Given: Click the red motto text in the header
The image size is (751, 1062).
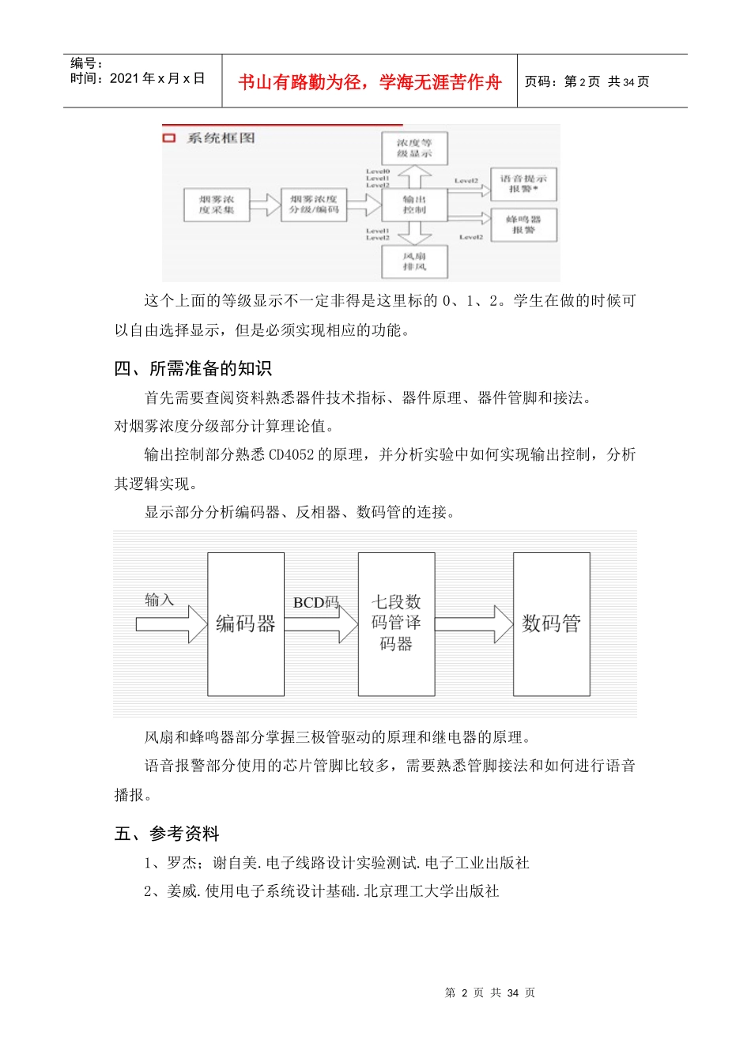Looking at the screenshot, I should point(369,82).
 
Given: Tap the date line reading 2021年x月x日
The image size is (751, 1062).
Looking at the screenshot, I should point(138,78).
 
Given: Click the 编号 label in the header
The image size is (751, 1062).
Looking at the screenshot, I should point(86,63).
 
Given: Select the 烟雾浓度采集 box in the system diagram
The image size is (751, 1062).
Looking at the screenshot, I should point(217,205).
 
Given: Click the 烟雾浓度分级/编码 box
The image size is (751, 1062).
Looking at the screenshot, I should point(314,205).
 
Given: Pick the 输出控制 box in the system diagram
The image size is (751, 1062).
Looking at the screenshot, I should point(414,205).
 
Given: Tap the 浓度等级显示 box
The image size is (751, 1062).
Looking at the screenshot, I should point(414,149).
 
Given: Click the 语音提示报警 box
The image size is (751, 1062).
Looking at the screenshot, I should point(523,183).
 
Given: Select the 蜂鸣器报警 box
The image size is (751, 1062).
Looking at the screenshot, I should point(523,224).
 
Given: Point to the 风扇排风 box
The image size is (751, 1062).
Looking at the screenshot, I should point(414,262).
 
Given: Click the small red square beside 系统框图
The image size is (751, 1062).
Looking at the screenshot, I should point(168,138).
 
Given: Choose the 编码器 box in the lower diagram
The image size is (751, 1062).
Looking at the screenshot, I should point(245,623).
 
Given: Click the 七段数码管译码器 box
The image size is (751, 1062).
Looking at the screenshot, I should point(396,623).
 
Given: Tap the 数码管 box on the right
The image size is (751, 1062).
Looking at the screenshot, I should point(551,623).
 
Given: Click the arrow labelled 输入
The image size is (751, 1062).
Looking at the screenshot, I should point(163,624).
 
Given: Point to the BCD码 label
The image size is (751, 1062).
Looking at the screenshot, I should point(315,602).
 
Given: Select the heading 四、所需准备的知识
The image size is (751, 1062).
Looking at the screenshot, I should point(193,368).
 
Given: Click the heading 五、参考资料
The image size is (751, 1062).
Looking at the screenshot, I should point(167,834).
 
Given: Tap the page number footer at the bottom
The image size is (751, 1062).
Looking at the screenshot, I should point(490,992).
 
